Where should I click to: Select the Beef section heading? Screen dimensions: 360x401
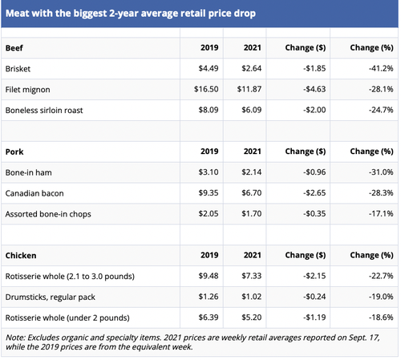point(14,48)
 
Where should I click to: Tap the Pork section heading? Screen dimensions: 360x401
point(14,151)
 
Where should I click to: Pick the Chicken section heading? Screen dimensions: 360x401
point(21,253)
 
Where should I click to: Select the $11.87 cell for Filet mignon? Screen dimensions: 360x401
point(245,89)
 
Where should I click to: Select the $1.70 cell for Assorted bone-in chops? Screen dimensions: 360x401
point(248,212)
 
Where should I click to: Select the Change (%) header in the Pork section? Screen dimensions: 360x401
point(370,151)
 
